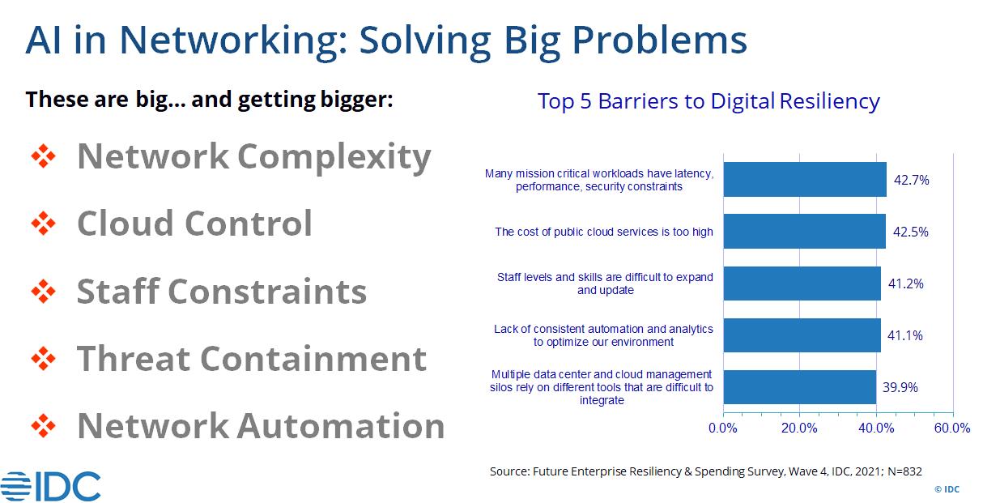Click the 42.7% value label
pyautogui.click(x=912, y=180)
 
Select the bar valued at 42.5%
pyautogui.click(x=804, y=232)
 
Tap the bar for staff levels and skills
pyautogui.click(x=802, y=283)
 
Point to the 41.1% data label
pyautogui.click(x=905, y=335)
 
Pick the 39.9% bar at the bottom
pyautogui.click(x=799, y=387)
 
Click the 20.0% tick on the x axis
pyautogui.click(x=799, y=428)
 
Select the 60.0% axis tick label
pyautogui.click(x=952, y=428)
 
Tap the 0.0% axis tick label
pyautogui.click(x=723, y=428)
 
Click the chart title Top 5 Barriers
pyautogui.click(x=709, y=101)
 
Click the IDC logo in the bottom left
pyautogui.click(x=50, y=486)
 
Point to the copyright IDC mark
pyautogui.click(x=947, y=489)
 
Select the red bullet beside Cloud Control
pyautogui.click(x=44, y=224)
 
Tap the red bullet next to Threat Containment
pyautogui.click(x=44, y=359)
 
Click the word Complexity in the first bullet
pyautogui.click(x=334, y=158)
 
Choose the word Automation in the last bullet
pyautogui.click(x=341, y=426)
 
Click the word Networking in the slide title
pyautogui.click(x=233, y=41)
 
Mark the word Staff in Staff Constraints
pyautogui.click(x=117, y=291)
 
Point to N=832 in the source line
pyautogui.click(x=904, y=471)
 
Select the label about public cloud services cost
pyautogui.click(x=604, y=232)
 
